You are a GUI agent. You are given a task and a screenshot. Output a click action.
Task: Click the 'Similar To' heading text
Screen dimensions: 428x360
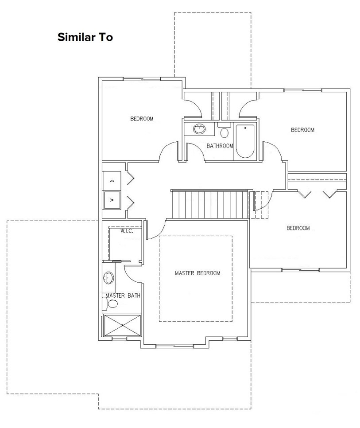click(85, 37)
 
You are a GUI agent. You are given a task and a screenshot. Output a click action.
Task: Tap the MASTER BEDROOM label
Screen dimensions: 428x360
click(197, 273)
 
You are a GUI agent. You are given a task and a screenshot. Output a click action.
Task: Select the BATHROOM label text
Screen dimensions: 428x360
click(219, 146)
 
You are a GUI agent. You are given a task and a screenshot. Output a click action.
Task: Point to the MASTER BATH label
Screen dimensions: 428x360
click(123, 296)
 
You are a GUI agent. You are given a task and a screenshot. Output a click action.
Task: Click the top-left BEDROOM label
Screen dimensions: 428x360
click(142, 119)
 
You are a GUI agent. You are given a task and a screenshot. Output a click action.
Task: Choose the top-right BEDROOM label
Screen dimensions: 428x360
click(302, 130)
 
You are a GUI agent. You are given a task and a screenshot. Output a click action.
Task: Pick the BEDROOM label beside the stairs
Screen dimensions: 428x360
click(298, 228)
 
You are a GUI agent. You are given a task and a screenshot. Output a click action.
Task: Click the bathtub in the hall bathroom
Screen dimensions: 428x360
click(244, 141)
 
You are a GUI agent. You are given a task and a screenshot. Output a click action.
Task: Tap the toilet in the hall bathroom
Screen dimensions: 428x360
click(224, 132)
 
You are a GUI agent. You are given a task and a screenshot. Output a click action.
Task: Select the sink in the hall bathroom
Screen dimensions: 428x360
click(199, 129)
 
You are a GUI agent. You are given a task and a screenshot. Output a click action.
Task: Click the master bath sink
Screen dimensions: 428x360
click(108, 278)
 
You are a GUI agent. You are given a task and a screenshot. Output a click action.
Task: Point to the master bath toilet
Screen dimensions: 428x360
click(112, 304)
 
